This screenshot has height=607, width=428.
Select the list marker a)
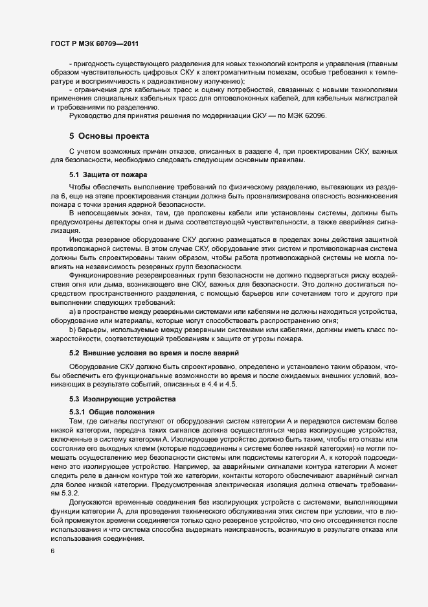73,313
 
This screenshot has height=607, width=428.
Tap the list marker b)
73,329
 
